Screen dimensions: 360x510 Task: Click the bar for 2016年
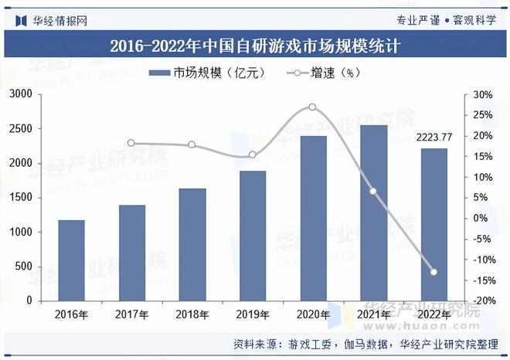pyautogui.click(x=72, y=260)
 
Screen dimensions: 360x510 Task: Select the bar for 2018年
pyautogui.click(x=192, y=244)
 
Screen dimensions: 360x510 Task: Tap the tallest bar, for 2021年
pyautogui.click(x=373, y=212)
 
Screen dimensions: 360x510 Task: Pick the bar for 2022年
pyautogui.click(x=433, y=224)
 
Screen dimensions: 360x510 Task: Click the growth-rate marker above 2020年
pyautogui.click(x=312, y=107)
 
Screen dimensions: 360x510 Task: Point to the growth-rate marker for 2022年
pyautogui.click(x=433, y=272)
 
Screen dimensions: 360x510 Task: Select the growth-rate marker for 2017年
pyautogui.click(x=131, y=143)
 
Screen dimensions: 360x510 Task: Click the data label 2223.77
pyautogui.click(x=433, y=137)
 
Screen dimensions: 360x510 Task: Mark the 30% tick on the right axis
pyautogui.click(x=484, y=95)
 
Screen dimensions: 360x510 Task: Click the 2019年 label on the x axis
pyautogui.click(x=253, y=314)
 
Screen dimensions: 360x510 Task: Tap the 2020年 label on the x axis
pyautogui.click(x=313, y=314)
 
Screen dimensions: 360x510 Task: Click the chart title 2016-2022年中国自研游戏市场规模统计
pyautogui.click(x=255, y=45)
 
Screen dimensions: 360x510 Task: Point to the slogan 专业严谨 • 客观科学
pyautogui.click(x=446, y=19)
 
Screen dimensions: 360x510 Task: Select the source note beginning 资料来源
pyautogui.click(x=363, y=344)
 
